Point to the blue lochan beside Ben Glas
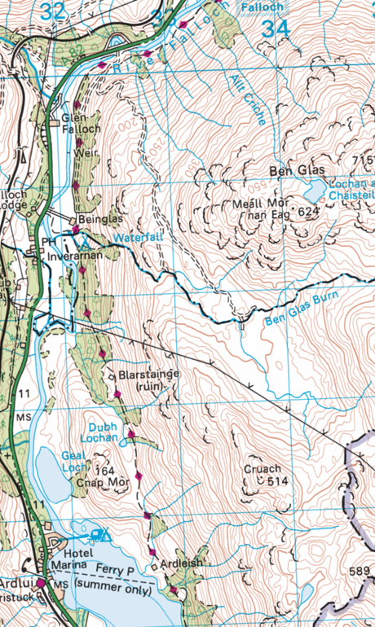point(312,191)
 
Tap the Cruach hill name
point(262,469)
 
